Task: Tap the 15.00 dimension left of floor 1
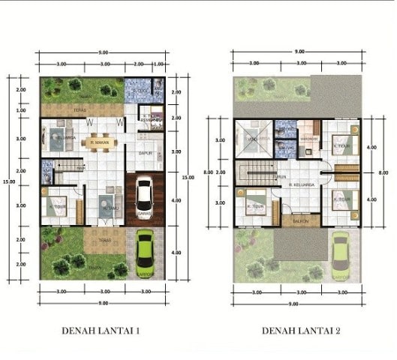click(6, 180)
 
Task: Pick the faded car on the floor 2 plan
click(341, 253)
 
